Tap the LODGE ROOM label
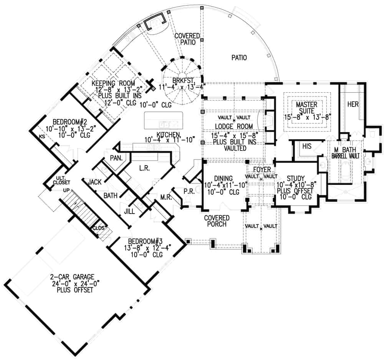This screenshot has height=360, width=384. click(x=233, y=126)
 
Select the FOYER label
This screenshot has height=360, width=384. click(x=262, y=169)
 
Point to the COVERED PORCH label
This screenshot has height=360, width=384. click(x=217, y=222)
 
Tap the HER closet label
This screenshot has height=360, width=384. click(x=353, y=104)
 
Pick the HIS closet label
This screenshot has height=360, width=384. click(x=306, y=146)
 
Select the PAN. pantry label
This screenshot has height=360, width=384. click(x=115, y=158)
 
